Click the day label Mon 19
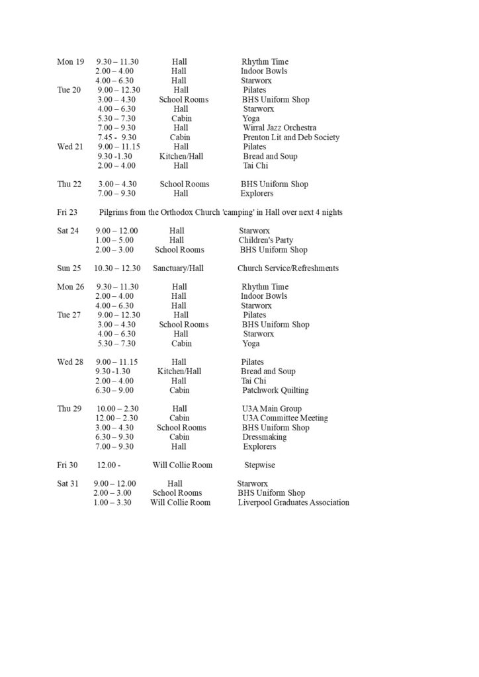tap(70, 61)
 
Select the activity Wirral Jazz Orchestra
tap(279, 128)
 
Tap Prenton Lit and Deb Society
tap(291, 138)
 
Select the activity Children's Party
tap(266, 240)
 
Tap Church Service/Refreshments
tap(288, 268)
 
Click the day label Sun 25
tap(69, 268)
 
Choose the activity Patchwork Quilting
tap(275, 390)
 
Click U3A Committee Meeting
tap(284, 418)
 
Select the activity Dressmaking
tap(264, 437)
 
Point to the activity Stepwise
tap(259, 465)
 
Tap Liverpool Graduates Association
tap(293, 502)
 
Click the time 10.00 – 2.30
tap(117, 409)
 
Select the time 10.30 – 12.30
tap(117, 268)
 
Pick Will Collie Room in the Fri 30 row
tap(182, 465)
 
